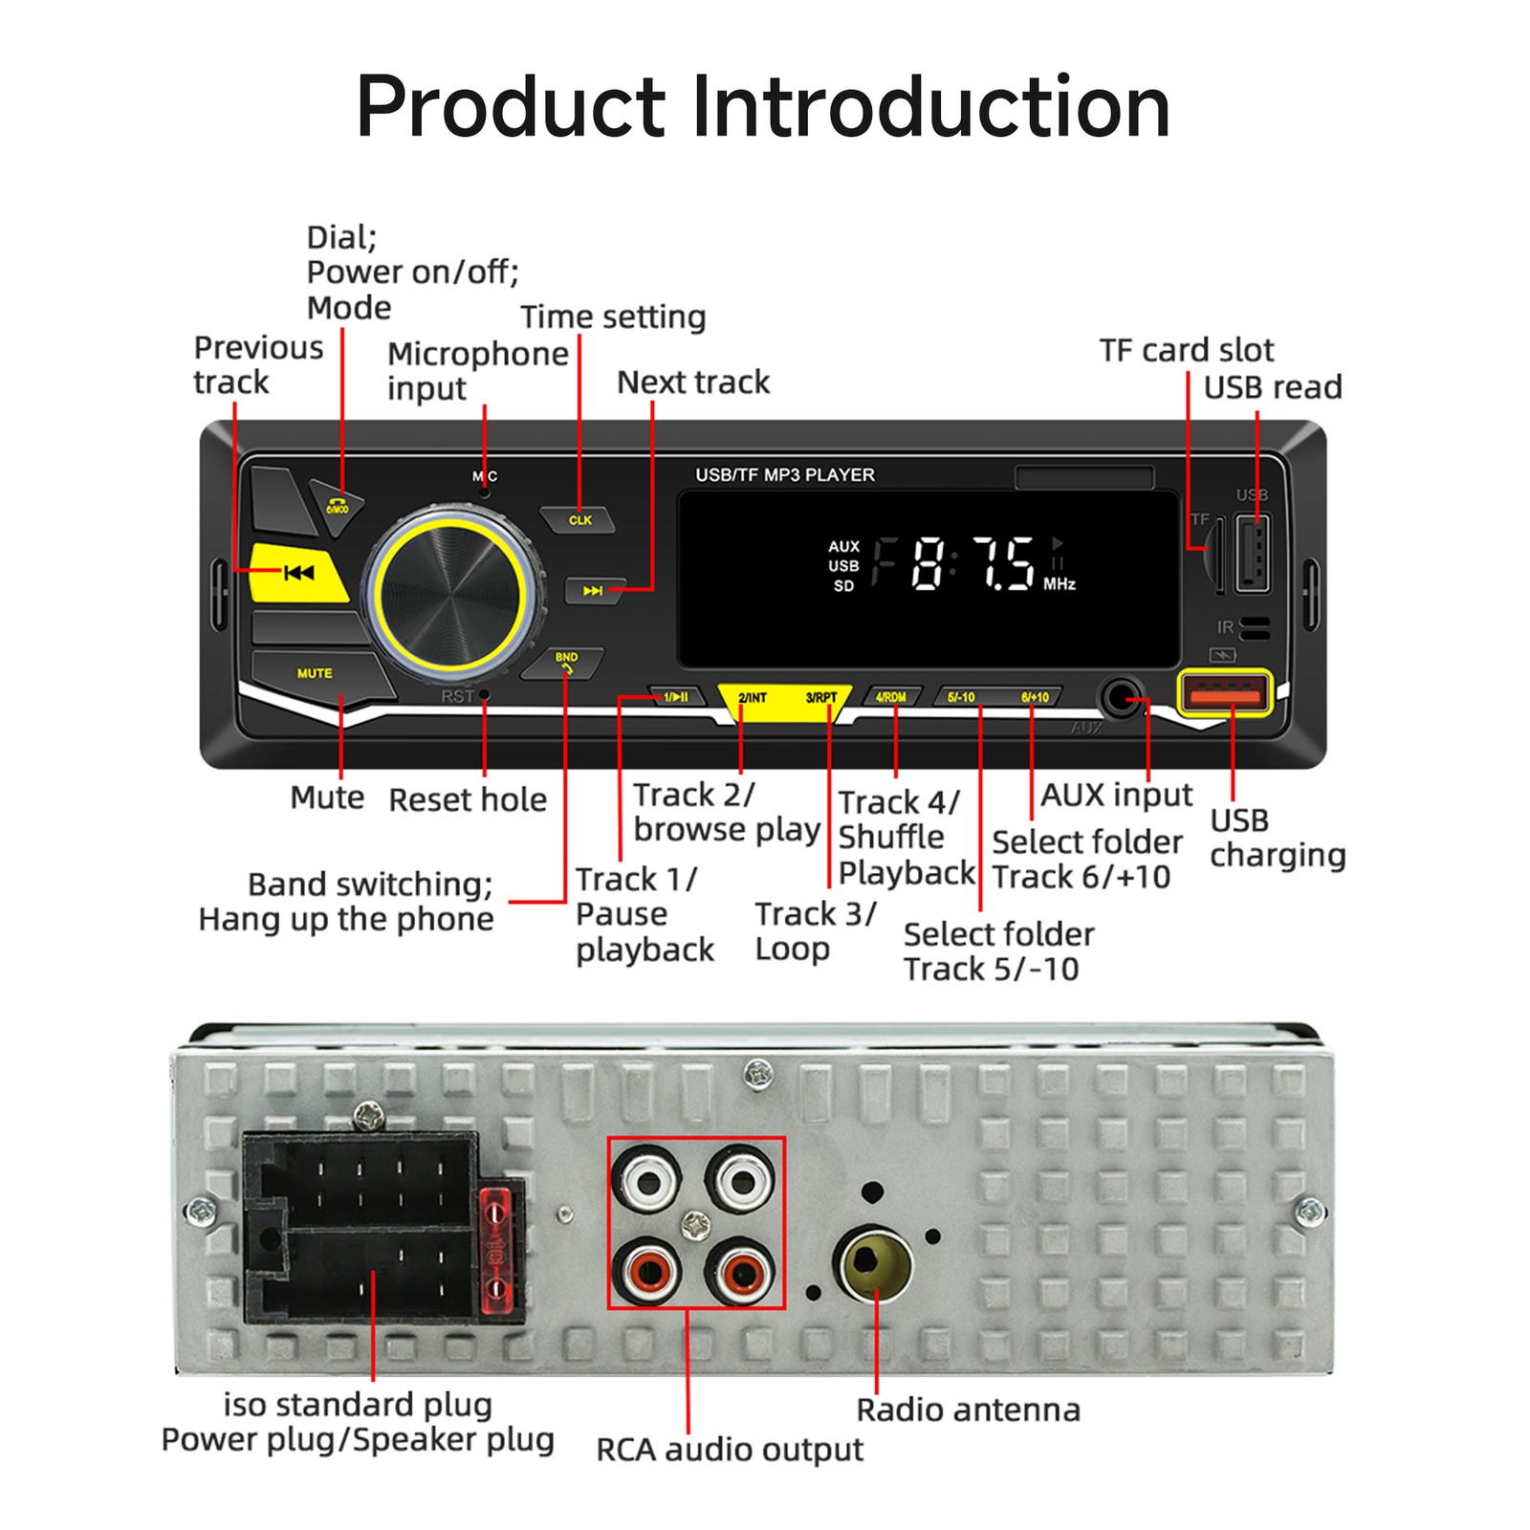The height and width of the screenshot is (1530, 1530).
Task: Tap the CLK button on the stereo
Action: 579,520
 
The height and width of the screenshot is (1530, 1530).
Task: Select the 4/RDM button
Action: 891,697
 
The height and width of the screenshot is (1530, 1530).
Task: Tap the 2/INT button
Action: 753,698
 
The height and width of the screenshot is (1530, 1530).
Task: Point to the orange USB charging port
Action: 1224,691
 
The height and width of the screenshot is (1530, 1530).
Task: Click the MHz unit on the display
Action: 1060,584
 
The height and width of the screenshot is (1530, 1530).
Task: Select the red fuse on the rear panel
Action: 494,1249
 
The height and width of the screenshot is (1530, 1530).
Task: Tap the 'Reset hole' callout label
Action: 468,799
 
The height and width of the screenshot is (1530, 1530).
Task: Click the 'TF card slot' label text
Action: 1186,350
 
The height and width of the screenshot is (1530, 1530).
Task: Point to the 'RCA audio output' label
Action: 729,1450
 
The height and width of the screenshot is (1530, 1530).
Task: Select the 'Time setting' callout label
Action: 613,317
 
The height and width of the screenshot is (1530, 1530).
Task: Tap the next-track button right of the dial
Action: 594,591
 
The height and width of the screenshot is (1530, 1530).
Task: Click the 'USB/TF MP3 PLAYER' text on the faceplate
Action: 784,475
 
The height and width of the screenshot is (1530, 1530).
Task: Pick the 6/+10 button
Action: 1035,697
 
